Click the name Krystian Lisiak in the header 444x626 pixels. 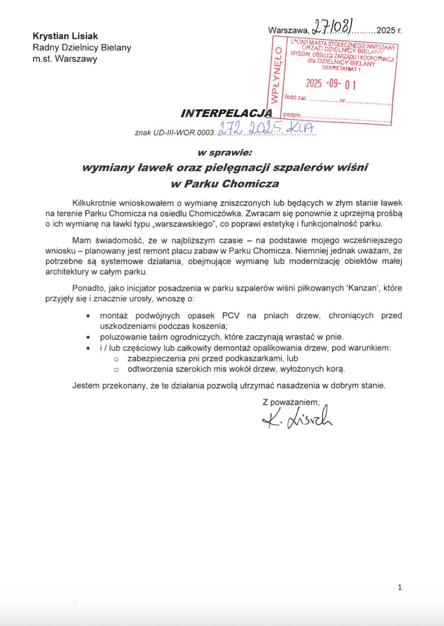point(65,36)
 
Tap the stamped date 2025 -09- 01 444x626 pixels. point(331,83)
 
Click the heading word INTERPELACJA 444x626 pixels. point(226,113)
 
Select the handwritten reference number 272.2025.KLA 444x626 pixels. point(266,128)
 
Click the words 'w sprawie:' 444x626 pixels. point(225,153)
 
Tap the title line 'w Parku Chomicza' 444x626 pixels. point(225,184)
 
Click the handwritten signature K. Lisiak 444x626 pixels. point(297,418)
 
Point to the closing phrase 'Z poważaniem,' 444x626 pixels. point(291,402)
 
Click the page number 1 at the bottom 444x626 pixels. point(400,587)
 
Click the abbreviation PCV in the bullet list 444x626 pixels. point(231,316)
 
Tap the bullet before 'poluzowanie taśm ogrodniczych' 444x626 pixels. point(89,337)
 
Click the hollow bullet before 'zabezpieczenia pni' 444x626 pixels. point(117,359)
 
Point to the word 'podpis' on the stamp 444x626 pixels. point(292,115)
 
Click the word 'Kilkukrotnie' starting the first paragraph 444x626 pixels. point(95,203)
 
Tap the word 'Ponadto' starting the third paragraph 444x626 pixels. point(89,288)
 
